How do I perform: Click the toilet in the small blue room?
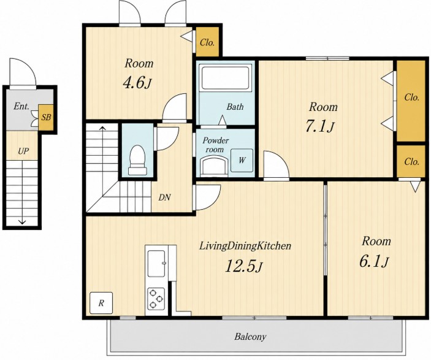[x=137, y=160]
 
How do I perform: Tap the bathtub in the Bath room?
[x=226, y=77]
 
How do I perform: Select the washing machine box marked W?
[x=242, y=160]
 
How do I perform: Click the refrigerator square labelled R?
[x=101, y=303]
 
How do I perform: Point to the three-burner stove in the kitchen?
[x=156, y=299]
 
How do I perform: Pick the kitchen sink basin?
[x=156, y=263]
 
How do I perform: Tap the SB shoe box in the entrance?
[x=46, y=117]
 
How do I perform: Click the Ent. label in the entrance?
[x=21, y=107]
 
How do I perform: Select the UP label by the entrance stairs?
[x=23, y=151]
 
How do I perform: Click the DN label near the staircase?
[x=164, y=197]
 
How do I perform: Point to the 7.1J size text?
[x=320, y=126]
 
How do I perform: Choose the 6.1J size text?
[x=374, y=261]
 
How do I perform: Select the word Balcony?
[x=250, y=337]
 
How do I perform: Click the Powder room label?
[x=216, y=145]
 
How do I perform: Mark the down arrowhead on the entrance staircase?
[x=21, y=221]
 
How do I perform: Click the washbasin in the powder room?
[x=214, y=166]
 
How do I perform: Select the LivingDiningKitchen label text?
[x=245, y=246]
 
